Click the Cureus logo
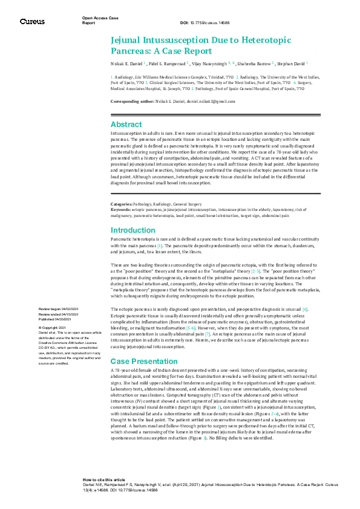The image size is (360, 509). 32,21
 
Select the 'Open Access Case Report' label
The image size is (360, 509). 100,21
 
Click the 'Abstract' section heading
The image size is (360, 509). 126,123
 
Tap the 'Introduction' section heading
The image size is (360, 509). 133,230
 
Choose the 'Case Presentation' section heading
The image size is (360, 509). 143,361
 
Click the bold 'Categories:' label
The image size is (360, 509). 122,205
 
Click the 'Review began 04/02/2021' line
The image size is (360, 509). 58,309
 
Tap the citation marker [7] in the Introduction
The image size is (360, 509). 208,334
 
